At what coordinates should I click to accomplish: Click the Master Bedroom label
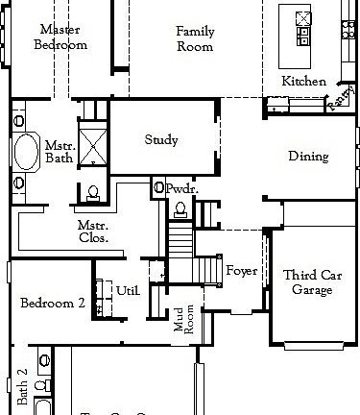[x=60, y=37]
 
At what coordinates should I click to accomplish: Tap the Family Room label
[x=195, y=38]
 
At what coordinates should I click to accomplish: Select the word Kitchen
[x=303, y=82]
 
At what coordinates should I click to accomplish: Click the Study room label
[x=161, y=140]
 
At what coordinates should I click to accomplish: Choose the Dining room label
[x=308, y=157]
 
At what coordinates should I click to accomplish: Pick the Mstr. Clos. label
[x=92, y=231]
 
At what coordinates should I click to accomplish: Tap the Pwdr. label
[x=181, y=190]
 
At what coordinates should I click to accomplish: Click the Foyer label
[x=241, y=272]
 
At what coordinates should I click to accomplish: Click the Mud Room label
[x=184, y=320]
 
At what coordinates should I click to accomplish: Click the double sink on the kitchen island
[x=303, y=18]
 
